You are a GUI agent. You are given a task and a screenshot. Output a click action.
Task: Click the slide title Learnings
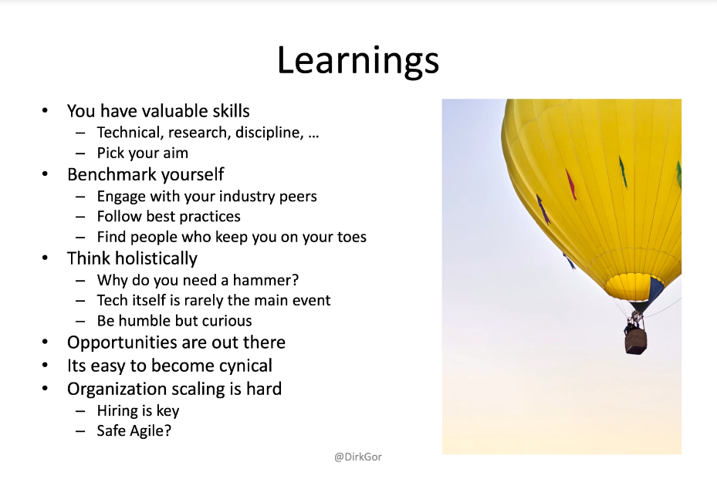(x=358, y=61)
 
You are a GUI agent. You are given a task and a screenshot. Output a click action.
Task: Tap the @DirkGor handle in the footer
(x=358, y=457)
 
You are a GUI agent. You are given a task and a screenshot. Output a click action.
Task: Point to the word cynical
(x=245, y=366)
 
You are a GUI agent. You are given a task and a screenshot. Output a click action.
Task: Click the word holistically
(x=157, y=258)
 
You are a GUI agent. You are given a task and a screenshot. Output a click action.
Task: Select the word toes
(x=352, y=237)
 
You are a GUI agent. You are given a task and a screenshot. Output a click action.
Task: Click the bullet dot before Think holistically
(x=45, y=258)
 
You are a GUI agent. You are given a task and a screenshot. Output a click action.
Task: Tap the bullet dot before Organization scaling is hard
(x=45, y=389)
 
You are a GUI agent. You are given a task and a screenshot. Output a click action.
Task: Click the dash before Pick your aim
(x=80, y=153)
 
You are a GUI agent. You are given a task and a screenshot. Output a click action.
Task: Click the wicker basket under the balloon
(x=636, y=341)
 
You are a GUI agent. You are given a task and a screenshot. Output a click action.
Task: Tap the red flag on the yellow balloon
(x=570, y=184)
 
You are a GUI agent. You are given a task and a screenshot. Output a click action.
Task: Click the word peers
(x=297, y=196)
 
